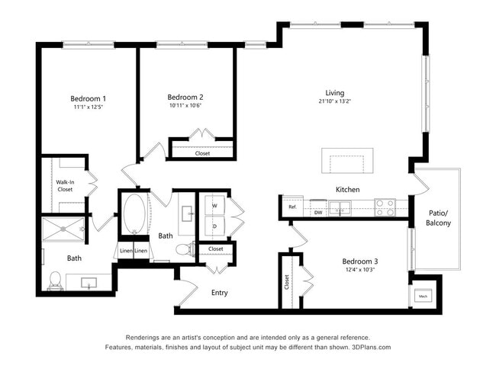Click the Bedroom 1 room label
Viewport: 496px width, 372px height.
click(x=88, y=98)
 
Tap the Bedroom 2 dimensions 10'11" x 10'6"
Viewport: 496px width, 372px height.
click(x=185, y=106)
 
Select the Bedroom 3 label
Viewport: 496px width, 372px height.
click(x=359, y=261)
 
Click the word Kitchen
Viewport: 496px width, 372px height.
click(x=347, y=189)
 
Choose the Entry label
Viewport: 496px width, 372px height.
click(x=219, y=293)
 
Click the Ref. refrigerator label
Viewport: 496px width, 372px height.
click(x=291, y=207)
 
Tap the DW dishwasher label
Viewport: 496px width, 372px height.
click(x=317, y=213)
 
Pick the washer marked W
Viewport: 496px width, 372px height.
click(x=214, y=205)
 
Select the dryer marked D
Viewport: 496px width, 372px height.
click(x=214, y=226)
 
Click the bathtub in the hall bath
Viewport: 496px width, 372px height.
click(x=134, y=215)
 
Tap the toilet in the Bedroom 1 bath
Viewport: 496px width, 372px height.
click(x=55, y=280)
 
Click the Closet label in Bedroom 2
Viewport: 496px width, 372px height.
click(x=202, y=153)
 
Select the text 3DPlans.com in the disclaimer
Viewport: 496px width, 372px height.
click(x=369, y=348)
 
